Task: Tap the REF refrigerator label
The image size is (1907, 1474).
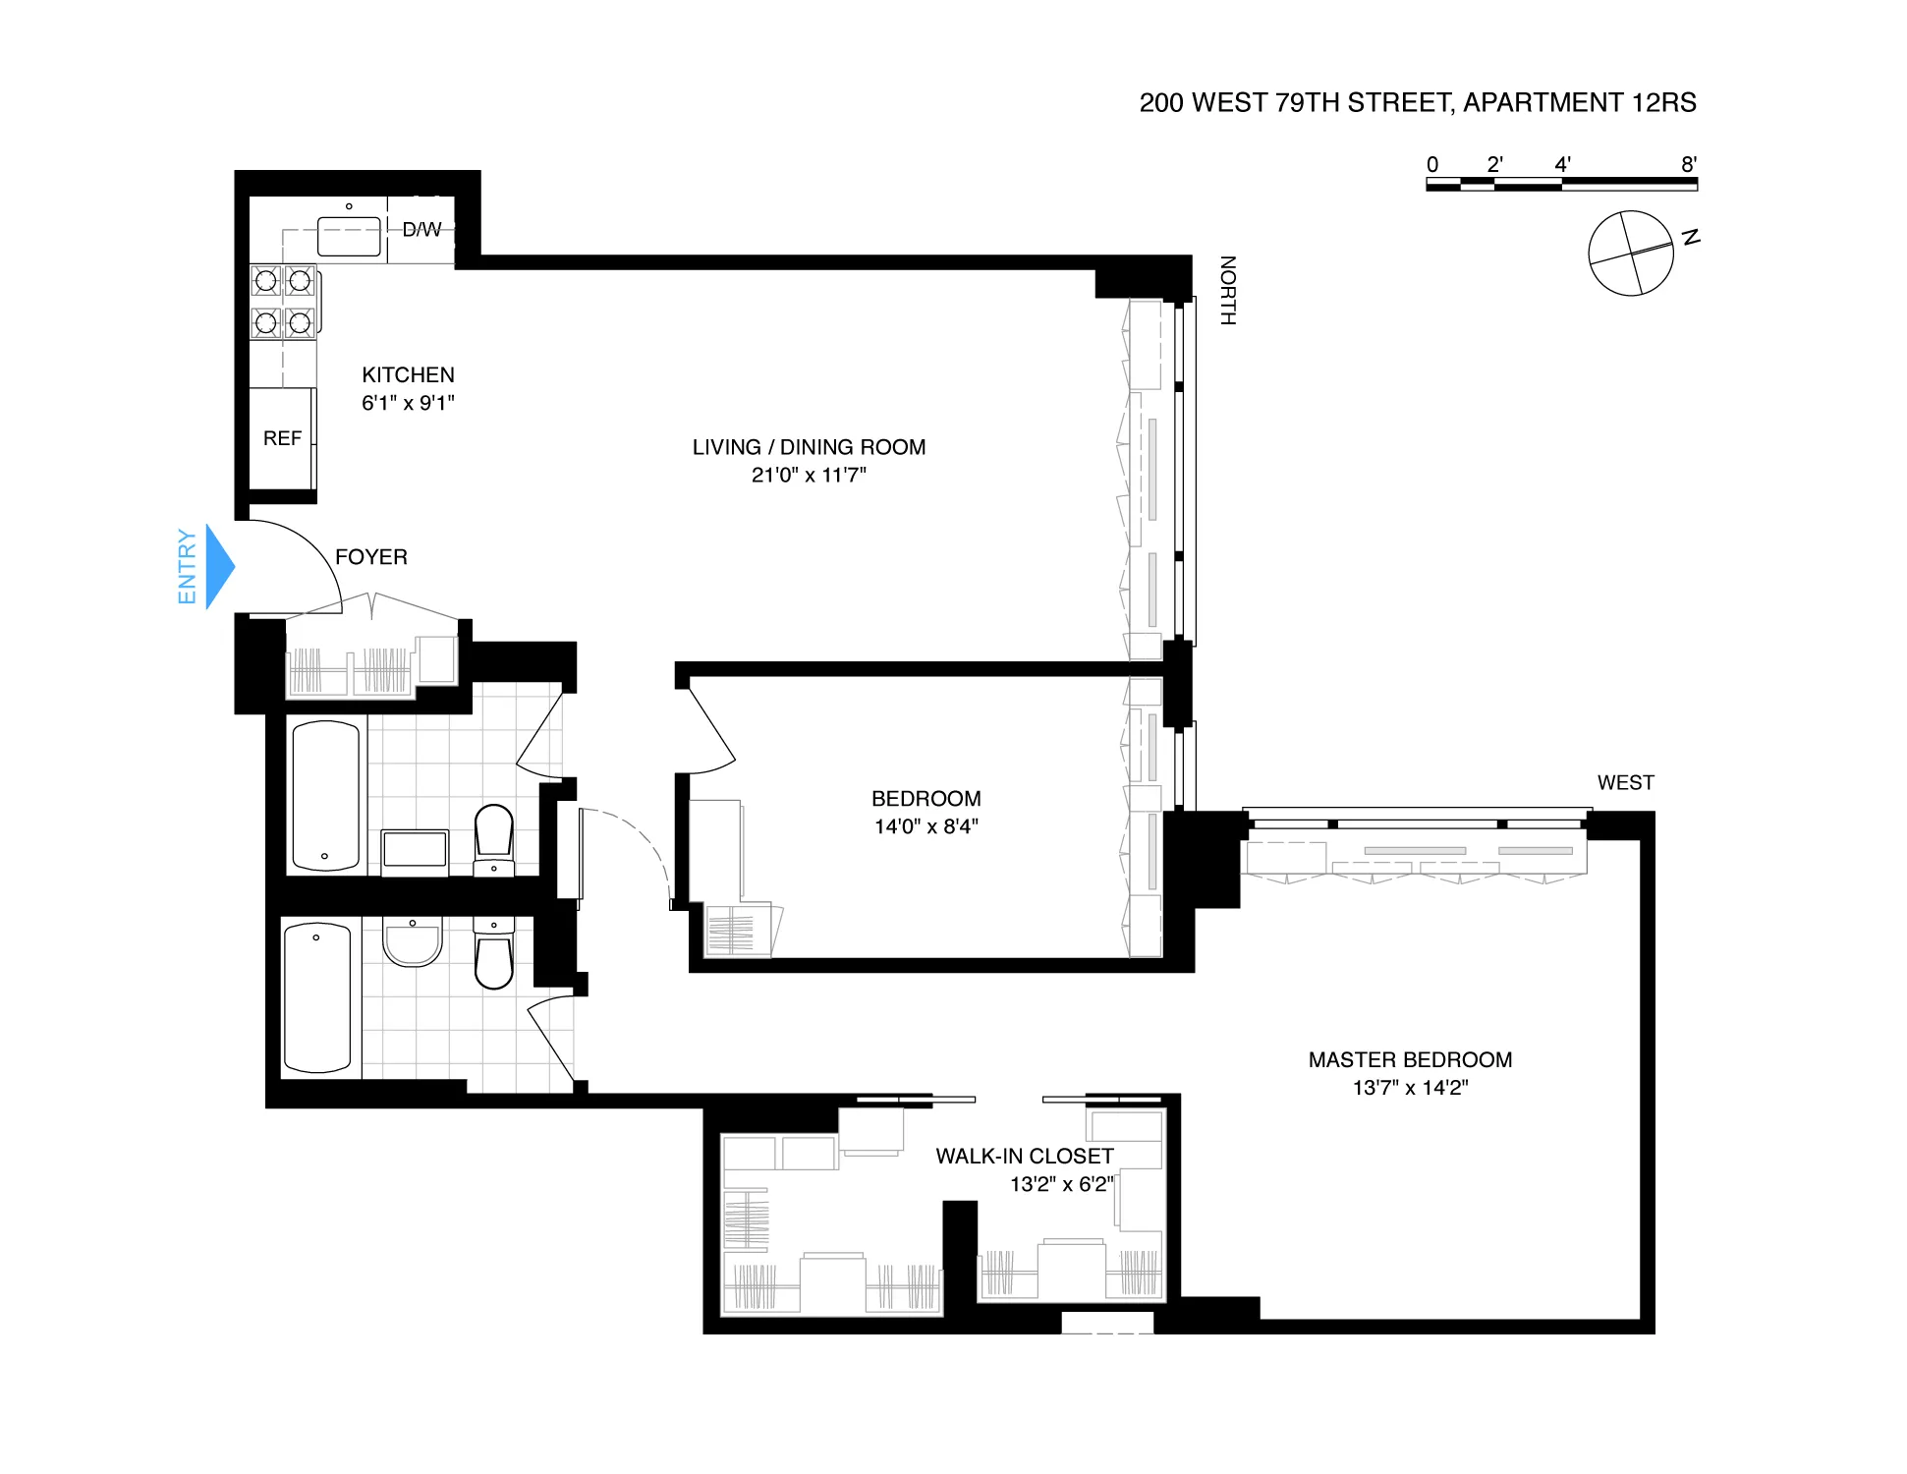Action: [x=282, y=438]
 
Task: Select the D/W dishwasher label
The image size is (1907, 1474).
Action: [x=421, y=229]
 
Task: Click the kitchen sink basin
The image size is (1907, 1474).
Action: [x=349, y=237]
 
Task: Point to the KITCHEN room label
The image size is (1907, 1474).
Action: [x=408, y=374]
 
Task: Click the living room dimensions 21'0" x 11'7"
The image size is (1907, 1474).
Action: [x=809, y=475]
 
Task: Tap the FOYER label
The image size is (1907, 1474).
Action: [x=370, y=556]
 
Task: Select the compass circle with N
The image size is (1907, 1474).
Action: [x=1630, y=254]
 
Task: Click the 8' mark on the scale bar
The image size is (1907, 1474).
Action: [x=1688, y=165]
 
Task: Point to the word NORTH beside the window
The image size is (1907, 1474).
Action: [x=1227, y=290]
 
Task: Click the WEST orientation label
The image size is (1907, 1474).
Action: [x=1625, y=782]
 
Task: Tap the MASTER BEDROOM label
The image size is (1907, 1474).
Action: [x=1409, y=1059]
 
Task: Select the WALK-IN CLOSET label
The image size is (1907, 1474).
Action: [x=1024, y=1156]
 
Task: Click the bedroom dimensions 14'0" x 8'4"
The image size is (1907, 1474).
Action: [x=925, y=826]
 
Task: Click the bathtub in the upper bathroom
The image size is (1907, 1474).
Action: [x=325, y=796]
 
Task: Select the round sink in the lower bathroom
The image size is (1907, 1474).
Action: [x=413, y=942]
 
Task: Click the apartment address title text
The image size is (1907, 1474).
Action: [x=1417, y=102]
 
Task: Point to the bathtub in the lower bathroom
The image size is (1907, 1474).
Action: [x=316, y=997]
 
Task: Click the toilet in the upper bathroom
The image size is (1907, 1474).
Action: [x=493, y=832]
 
